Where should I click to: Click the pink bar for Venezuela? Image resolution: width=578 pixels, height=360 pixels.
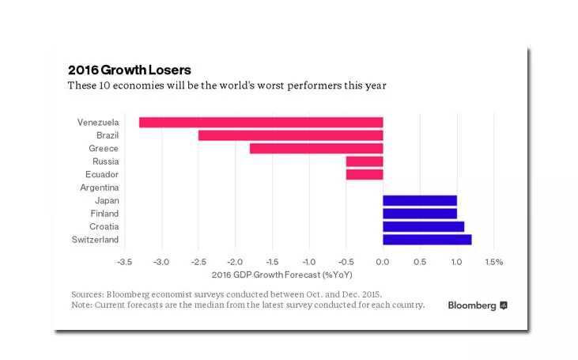[261, 123]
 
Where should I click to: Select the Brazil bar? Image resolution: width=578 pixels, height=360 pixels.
[290, 135]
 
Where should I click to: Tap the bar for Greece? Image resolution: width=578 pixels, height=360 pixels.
[316, 148]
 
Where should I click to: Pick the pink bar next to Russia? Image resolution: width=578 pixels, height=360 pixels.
[365, 161]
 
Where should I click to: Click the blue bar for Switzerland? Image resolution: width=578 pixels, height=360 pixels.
[427, 240]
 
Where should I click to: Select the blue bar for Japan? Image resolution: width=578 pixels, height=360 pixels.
[420, 201]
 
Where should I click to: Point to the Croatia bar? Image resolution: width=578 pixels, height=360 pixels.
[424, 226]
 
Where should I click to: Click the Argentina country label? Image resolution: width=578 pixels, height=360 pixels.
[100, 188]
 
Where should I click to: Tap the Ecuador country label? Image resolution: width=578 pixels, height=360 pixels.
[102, 174]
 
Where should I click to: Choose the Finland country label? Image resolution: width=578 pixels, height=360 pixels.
[104, 214]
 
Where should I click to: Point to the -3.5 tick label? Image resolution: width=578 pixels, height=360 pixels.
[124, 261]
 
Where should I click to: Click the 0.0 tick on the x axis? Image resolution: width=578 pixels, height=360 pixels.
[383, 261]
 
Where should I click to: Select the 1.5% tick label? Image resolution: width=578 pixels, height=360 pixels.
[493, 261]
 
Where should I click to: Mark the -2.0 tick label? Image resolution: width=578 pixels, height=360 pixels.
[235, 261]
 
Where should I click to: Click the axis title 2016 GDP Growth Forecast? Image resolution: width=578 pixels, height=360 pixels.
[282, 275]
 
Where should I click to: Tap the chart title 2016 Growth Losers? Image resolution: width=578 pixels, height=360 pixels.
[130, 70]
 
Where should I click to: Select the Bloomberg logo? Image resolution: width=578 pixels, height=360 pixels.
[478, 305]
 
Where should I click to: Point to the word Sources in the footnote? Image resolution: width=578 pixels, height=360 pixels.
[89, 294]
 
